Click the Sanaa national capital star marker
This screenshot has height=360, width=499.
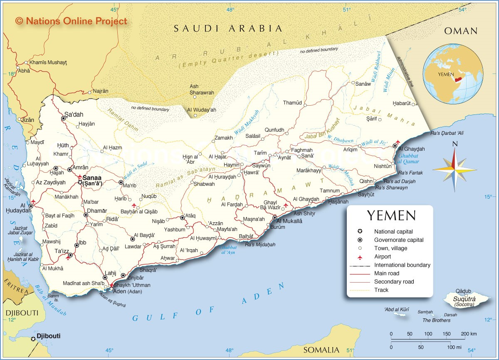tap(80, 182)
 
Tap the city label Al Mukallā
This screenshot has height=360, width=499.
tap(289, 221)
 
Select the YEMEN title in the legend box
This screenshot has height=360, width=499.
tap(390, 216)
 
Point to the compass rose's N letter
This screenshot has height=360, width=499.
tap(455, 144)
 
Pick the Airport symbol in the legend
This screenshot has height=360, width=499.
tap(360, 257)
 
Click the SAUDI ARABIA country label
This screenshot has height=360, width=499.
tap(228, 29)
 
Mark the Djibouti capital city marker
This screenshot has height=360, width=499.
tap(33, 339)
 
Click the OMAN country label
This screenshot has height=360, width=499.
tap(461, 31)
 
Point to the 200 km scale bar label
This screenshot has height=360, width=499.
tap(469, 334)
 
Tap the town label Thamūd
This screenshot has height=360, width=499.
tap(292, 103)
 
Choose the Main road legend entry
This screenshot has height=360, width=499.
tap(386, 273)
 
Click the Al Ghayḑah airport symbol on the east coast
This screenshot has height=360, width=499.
tap(398, 142)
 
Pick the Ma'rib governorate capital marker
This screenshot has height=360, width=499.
tap(121, 182)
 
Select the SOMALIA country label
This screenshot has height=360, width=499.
tap(321, 350)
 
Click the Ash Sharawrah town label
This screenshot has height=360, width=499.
tap(202, 89)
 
